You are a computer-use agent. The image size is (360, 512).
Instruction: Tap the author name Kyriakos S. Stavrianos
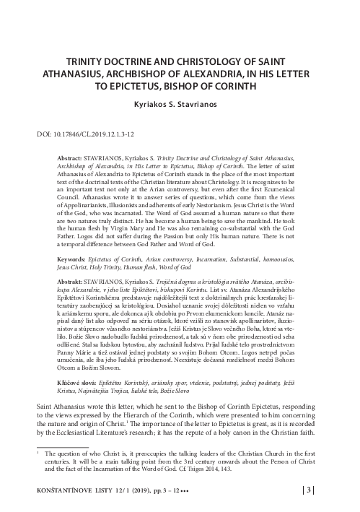pos(180,104)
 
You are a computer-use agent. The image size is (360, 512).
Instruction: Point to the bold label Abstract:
pos(71,157)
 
